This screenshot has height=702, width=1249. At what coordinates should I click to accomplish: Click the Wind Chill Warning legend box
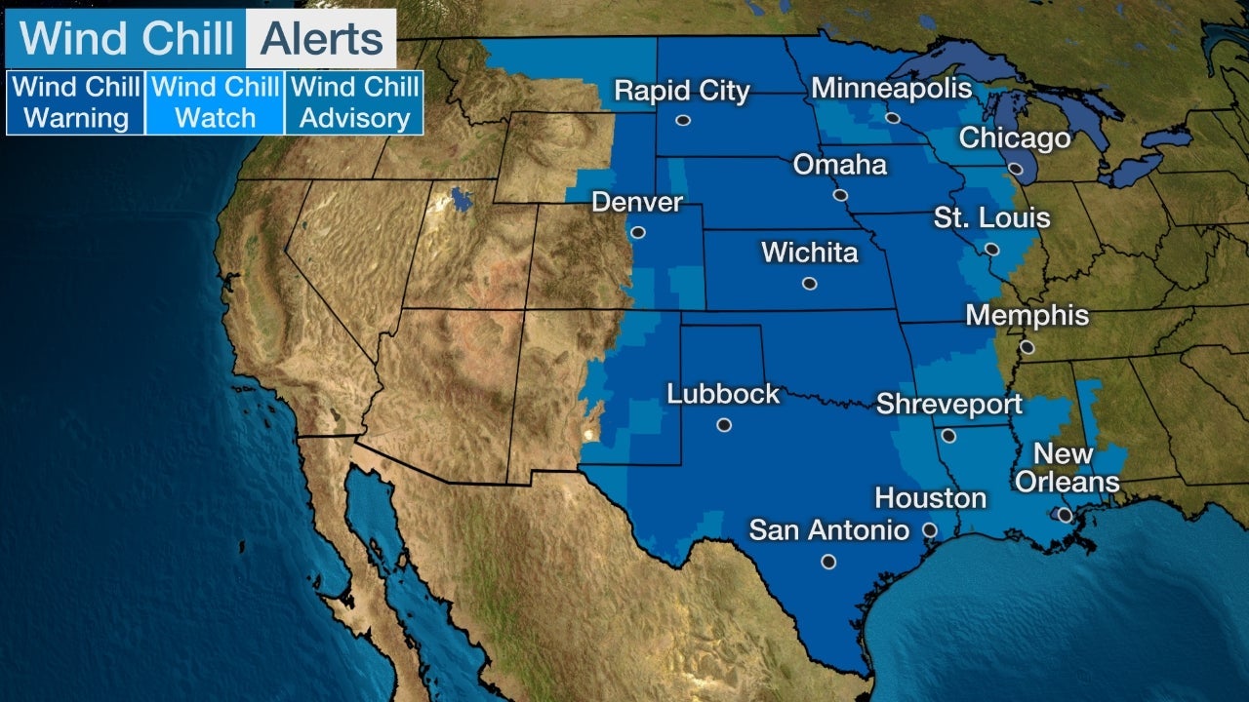click(76, 102)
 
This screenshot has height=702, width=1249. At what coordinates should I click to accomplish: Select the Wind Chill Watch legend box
click(215, 102)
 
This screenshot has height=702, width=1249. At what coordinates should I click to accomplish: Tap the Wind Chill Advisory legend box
click(354, 102)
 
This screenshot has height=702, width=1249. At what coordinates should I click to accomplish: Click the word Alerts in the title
click(320, 39)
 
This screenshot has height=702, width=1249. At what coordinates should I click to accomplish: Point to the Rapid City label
click(681, 92)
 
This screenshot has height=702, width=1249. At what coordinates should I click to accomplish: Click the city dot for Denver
click(637, 232)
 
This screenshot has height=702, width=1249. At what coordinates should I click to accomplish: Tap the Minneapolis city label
click(892, 89)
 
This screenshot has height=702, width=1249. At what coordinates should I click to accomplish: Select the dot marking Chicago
click(1015, 169)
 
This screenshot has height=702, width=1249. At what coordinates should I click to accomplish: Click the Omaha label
click(839, 165)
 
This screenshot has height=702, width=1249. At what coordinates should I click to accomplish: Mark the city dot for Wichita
click(809, 284)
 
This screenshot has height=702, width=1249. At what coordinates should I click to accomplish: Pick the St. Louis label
click(991, 217)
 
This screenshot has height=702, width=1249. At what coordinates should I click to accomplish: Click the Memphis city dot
click(1027, 346)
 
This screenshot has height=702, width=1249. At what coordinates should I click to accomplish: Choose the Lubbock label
click(723, 394)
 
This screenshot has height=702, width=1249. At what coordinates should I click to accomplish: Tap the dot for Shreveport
click(948, 436)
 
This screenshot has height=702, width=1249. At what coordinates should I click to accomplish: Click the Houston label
click(930, 499)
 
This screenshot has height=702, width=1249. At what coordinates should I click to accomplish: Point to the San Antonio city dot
click(828, 562)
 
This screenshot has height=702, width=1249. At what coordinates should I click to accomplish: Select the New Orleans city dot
click(1065, 514)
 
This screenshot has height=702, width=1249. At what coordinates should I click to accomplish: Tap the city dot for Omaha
click(840, 195)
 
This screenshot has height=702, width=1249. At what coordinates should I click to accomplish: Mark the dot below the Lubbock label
click(723, 425)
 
